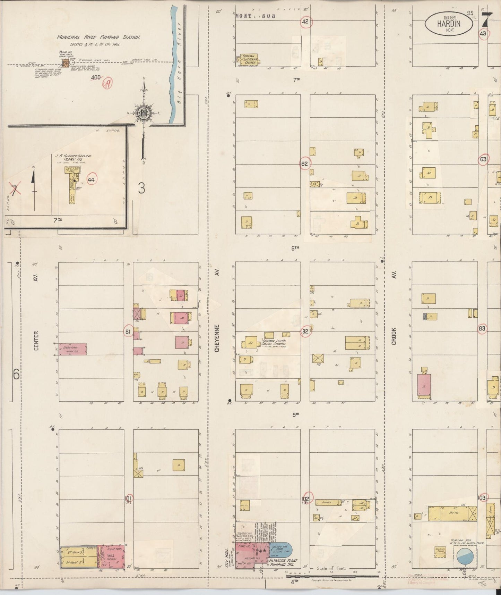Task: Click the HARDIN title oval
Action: click(449, 23)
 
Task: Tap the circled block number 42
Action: click(305, 22)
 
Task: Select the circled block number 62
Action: click(304, 164)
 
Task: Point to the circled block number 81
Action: click(128, 332)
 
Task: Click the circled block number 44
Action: click(92, 179)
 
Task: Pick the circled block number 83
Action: click(482, 328)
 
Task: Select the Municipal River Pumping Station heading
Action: click(99, 37)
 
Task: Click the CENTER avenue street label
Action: click(36, 340)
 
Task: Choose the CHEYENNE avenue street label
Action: click(217, 338)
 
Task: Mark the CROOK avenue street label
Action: click(394, 336)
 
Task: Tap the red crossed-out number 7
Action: click(14, 189)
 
